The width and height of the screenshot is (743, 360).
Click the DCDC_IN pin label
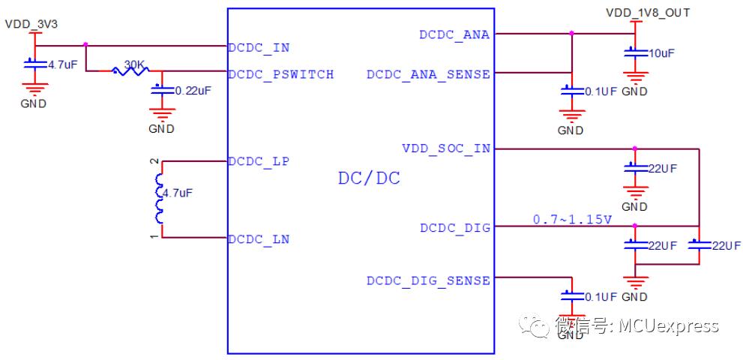tap(259, 48)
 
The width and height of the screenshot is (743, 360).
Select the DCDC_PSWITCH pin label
tap(281, 74)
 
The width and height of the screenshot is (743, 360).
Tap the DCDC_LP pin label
tap(259, 161)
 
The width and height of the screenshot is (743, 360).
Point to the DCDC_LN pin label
tap(259, 239)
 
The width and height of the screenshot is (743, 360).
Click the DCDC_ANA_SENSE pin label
tap(428, 74)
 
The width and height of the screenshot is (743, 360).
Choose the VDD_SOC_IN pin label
tap(446, 149)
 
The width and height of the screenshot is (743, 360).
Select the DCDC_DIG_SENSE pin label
tap(428, 280)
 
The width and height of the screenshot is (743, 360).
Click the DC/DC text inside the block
tap(369, 178)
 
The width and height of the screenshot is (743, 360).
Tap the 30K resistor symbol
tap(130, 71)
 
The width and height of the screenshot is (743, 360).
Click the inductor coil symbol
tap(159, 199)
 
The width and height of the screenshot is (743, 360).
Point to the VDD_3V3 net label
tap(31, 25)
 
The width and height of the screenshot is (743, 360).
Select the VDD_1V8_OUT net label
tap(648, 13)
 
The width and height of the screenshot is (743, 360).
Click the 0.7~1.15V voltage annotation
tap(573, 220)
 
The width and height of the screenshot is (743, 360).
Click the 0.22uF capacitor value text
tap(193, 91)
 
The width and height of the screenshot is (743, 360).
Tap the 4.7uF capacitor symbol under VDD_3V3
tap(35, 64)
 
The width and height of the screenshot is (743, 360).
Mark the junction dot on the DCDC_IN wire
tap(85, 44)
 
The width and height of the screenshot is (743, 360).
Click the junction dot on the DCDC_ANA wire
tap(571, 33)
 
